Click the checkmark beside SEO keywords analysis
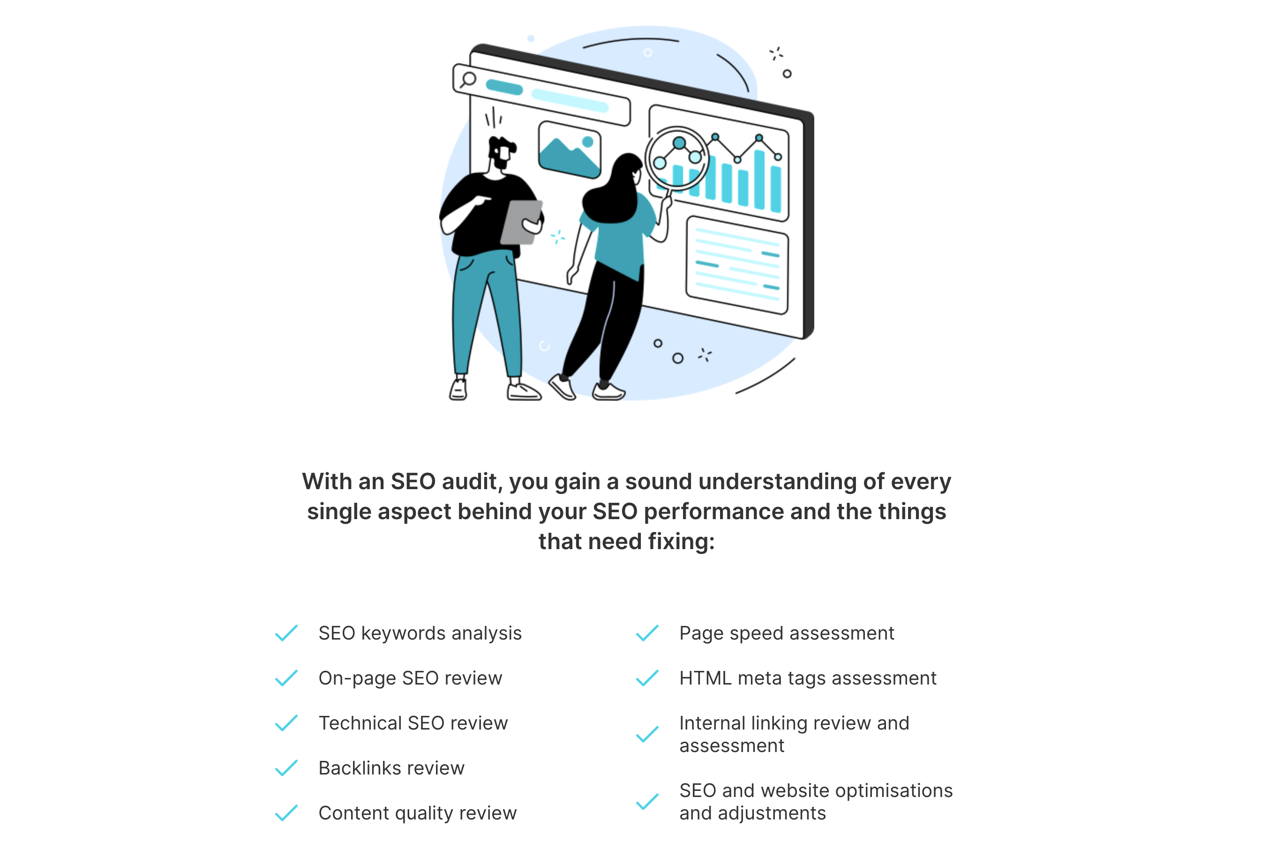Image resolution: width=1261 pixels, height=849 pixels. pyautogui.click(x=286, y=633)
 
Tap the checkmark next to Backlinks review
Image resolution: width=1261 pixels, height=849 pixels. pyautogui.click(x=286, y=768)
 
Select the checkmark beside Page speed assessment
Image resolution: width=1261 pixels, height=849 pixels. pyautogui.click(x=647, y=633)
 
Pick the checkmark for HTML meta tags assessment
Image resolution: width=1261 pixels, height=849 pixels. pyautogui.click(x=647, y=678)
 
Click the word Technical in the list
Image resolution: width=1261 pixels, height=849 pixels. pyautogui.click(x=360, y=723)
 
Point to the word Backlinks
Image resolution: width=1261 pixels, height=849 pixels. pyautogui.click(x=360, y=768)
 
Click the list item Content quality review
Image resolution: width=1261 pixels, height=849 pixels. pyautogui.click(x=417, y=813)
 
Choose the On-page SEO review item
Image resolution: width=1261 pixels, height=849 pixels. pyautogui.click(x=410, y=678)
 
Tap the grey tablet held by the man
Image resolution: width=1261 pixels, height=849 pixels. pyautogui.click(x=520, y=222)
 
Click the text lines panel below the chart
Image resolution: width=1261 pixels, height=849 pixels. pyautogui.click(x=736, y=265)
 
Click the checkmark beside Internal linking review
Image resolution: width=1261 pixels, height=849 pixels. pyautogui.click(x=647, y=734)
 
